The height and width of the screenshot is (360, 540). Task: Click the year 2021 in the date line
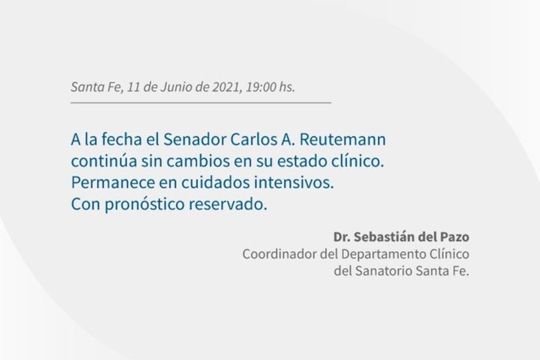[x=226, y=87]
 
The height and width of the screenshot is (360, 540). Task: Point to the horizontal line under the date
[x=200, y=102]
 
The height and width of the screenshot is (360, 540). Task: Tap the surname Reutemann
[x=343, y=140]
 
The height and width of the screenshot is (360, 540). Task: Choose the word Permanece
[x=113, y=182]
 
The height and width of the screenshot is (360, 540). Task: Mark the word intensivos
[x=294, y=182]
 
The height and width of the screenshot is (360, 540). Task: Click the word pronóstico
[x=145, y=204]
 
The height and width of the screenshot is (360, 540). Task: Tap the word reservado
[x=228, y=204]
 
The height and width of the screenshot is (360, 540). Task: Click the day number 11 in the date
[x=133, y=87]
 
